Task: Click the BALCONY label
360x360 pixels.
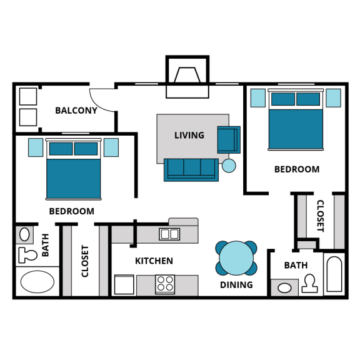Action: pos(76,111)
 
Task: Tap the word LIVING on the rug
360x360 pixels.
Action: pos(189,135)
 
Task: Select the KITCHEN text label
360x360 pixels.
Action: pos(154,261)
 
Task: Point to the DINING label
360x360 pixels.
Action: pos(236,285)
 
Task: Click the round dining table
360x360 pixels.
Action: pos(236,258)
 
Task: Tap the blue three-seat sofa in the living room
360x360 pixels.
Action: pos(191,169)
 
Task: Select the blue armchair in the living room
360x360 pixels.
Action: pos(228,139)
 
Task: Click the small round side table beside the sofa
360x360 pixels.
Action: pos(229,166)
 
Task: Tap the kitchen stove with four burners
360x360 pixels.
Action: pos(165,284)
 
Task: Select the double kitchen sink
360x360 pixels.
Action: pos(169,234)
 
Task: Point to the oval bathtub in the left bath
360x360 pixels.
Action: pos(38,282)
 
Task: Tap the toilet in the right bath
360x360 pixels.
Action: pos(309,284)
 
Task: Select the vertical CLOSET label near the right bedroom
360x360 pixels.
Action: pos(320,216)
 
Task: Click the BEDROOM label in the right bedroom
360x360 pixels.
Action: pos(297,169)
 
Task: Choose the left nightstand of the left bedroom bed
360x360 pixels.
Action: pos(36,147)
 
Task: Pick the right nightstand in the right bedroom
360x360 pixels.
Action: pos(333,98)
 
